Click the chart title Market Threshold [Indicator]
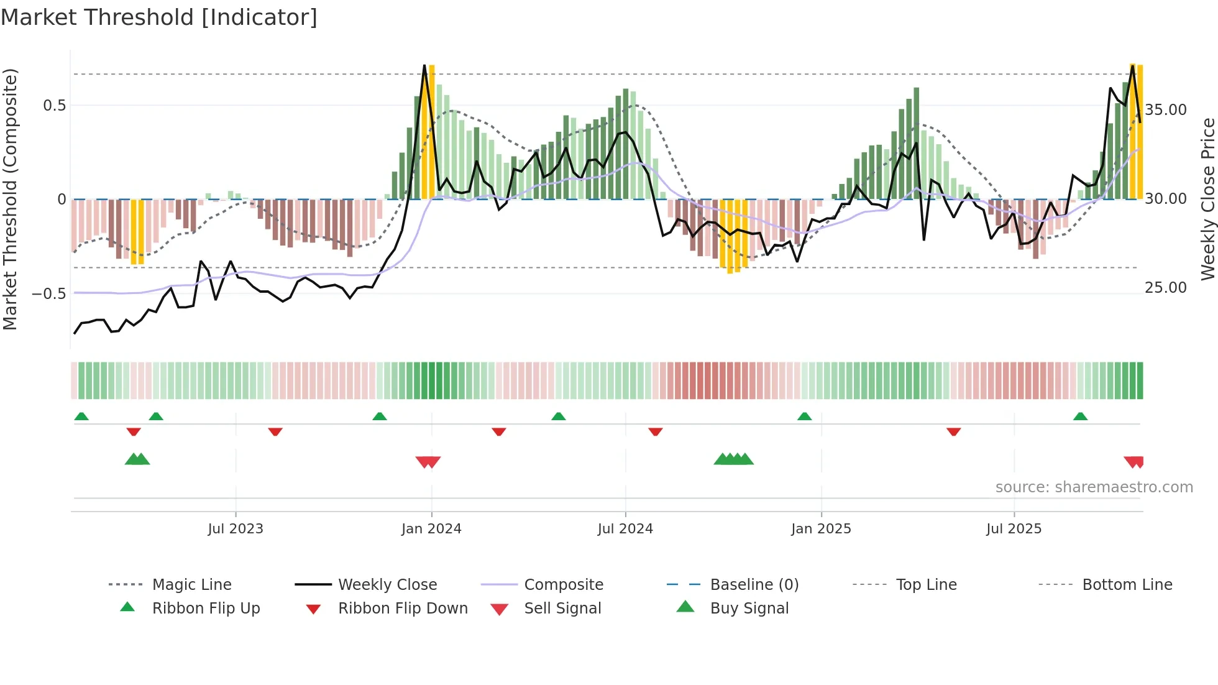click(159, 17)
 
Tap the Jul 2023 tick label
click(236, 529)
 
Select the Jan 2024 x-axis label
click(431, 529)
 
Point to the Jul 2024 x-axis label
click(625, 529)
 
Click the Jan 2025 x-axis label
click(821, 529)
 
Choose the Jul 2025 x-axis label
click(1014, 529)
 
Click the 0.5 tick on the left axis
click(55, 106)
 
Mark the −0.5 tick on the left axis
click(49, 293)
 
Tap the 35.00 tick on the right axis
click(1166, 110)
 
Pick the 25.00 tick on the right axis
click(1166, 288)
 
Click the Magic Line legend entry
click(191, 585)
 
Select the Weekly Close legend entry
click(387, 585)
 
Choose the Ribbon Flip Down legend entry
click(403, 609)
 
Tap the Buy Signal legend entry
click(749, 609)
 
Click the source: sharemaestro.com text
click(1094, 487)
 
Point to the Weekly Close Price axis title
click(1207, 199)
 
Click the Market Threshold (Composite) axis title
click(10, 199)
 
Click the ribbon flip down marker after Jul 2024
click(655, 431)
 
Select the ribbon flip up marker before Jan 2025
click(804, 416)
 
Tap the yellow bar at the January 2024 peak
click(431, 132)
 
